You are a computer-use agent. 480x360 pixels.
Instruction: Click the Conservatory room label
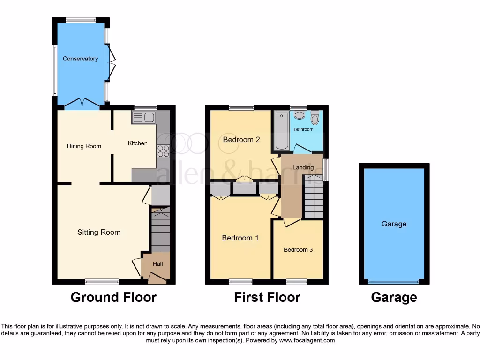[80, 59]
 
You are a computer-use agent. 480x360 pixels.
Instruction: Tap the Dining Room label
[84, 146]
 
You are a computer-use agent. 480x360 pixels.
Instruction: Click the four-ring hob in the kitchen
[163, 151]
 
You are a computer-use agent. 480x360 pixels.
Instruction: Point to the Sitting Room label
[99, 232]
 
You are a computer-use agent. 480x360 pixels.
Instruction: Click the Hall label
[157, 264]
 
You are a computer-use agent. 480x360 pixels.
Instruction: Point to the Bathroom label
[303, 129]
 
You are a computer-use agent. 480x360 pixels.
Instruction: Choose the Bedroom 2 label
[241, 139]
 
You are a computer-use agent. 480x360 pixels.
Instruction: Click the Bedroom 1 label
[240, 238]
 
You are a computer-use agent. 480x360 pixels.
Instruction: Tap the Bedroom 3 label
[298, 250]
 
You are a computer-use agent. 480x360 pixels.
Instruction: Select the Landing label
[303, 167]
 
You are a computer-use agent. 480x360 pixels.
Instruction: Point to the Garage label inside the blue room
[394, 224]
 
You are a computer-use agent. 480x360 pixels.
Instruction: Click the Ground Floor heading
[113, 297]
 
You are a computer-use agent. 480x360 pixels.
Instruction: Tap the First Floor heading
[267, 297]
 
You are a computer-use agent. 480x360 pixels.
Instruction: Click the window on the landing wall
[326, 170]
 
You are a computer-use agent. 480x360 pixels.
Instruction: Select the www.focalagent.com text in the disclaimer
[307, 340]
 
